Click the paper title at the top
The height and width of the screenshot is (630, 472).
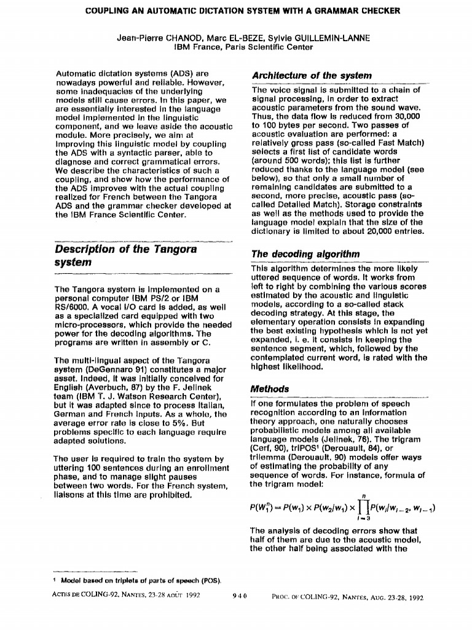click(x=236, y=10)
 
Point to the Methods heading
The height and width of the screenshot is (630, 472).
click(x=269, y=389)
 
